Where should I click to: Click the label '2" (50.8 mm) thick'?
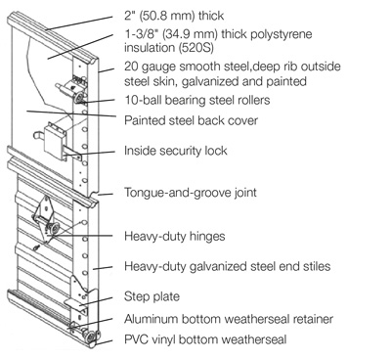pyautogui.click(x=174, y=16)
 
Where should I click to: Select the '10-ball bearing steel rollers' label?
pyautogui.click(x=197, y=100)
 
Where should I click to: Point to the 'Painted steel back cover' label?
pyautogui.click(x=191, y=120)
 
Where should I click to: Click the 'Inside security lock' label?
pyautogui.click(x=176, y=151)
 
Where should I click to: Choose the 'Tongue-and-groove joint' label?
pyautogui.click(x=191, y=192)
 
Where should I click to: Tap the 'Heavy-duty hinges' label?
pyautogui.click(x=175, y=236)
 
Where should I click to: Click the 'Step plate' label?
pyautogui.click(x=152, y=296)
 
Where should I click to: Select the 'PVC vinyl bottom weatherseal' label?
pyautogui.click(x=205, y=339)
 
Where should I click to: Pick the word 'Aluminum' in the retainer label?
pyautogui.click(x=152, y=319)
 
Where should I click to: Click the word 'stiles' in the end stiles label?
pyautogui.click(x=314, y=266)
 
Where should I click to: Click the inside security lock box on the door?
pyautogui.click(x=54, y=140)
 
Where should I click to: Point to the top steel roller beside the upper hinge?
pyautogui.click(x=78, y=98)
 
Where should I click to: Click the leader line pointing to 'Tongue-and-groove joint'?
pyautogui.click(x=106, y=195)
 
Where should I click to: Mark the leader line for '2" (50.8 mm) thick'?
pyautogui.click(x=80, y=22)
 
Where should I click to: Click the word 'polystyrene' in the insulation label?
pyautogui.click(x=282, y=34)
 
